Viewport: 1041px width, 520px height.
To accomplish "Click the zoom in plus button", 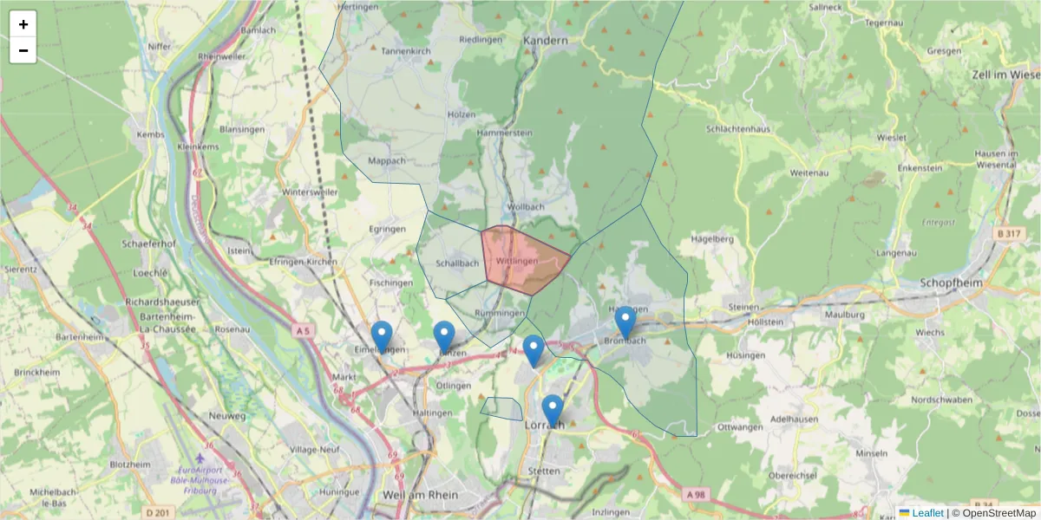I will click(x=23, y=24).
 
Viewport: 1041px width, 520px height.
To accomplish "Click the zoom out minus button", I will click(x=23, y=50).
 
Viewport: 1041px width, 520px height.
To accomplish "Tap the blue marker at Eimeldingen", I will click(x=382, y=336).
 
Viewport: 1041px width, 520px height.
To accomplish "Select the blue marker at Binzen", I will click(x=444, y=336).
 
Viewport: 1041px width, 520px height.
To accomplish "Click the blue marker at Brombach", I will click(x=625, y=322).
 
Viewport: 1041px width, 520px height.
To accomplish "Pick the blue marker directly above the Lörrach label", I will click(x=552, y=410).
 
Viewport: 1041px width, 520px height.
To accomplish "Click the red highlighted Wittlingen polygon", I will click(x=520, y=260).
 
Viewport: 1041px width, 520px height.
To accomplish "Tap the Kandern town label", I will click(x=546, y=40).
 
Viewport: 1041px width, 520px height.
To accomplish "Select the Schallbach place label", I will click(x=457, y=263).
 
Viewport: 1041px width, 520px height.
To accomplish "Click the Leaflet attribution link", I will click(x=927, y=513).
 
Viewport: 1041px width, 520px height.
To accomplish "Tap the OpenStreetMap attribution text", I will click(x=993, y=513).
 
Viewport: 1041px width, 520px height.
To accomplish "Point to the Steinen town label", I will click(x=744, y=306).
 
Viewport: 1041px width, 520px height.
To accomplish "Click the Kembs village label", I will click(x=150, y=135).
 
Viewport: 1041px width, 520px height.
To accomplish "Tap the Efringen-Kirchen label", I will click(x=303, y=261).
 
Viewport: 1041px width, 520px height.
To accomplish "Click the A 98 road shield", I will click(x=696, y=493).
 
